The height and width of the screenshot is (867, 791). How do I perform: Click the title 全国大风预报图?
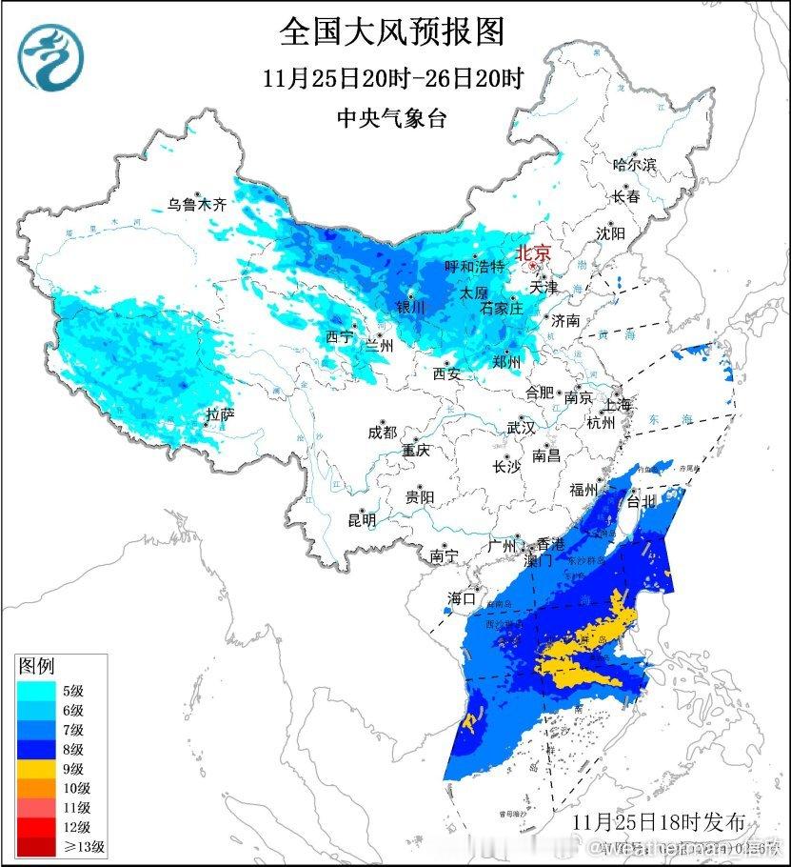pos(391,32)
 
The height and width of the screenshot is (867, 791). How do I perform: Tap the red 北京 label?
pos(533,253)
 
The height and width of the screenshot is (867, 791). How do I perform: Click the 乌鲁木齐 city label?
pos(198,203)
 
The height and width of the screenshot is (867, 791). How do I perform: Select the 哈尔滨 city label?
pos(635,165)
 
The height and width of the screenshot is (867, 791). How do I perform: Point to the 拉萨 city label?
pos(220,414)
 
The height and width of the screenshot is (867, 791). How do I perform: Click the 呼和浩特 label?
pos(475,267)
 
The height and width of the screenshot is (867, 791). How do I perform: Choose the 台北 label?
pos(641,501)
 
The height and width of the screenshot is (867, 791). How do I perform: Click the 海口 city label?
pos(461,599)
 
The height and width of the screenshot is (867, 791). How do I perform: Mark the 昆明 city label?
pos(362,520)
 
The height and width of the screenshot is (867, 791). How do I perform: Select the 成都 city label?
pos(382,432)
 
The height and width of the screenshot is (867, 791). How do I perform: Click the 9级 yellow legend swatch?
pos(36,768)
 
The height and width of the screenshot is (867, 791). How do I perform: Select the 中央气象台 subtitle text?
pos(391,118)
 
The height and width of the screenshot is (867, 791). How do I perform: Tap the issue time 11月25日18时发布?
pos(665,821)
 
